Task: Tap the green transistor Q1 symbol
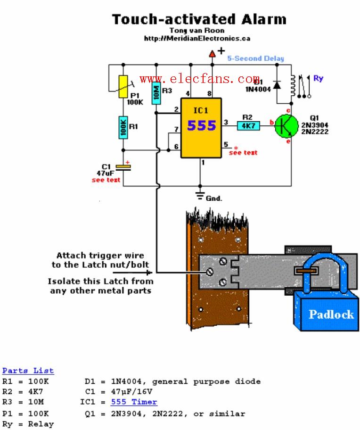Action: (287, 125)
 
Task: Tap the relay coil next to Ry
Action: (293, 85)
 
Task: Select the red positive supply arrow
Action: (212, 54)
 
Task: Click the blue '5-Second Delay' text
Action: (255, 58)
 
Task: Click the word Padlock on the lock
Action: (331, 314)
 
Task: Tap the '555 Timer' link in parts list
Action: (134, 402)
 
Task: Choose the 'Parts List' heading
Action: (28, 371)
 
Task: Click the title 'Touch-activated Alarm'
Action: (199, 19)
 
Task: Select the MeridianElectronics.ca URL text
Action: (197, 38)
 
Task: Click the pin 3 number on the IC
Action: (225, 122)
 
